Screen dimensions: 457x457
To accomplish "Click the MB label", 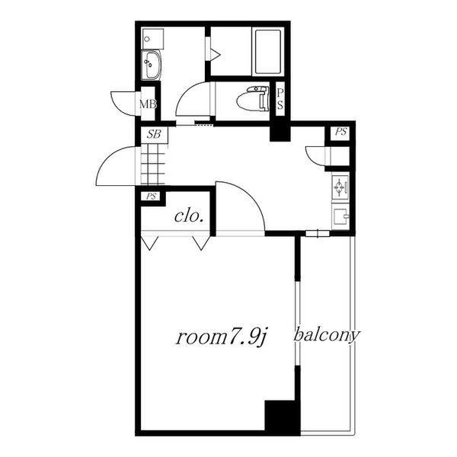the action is point(148,104).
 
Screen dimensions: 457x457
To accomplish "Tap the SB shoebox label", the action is point(154,134).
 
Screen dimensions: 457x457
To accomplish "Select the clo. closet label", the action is point(189,216).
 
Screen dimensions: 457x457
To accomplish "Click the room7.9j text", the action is point(222,337).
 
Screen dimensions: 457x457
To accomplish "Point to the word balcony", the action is point(327,335).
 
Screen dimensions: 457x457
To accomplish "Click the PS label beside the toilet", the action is point(280,99).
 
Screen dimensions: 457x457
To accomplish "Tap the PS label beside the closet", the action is point(152,197).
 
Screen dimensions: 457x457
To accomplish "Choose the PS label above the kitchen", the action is point(340,132).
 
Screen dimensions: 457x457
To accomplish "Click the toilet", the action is point(252,98).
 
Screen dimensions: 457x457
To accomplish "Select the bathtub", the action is point(268,52).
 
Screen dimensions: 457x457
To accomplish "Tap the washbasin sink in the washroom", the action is point(152,65).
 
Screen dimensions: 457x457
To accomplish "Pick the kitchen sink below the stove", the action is point(340,216).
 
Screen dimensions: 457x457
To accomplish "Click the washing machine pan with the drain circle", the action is point(152,39).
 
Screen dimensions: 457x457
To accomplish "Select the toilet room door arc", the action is point(187,93).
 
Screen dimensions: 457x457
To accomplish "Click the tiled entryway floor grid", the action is point(153,165).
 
